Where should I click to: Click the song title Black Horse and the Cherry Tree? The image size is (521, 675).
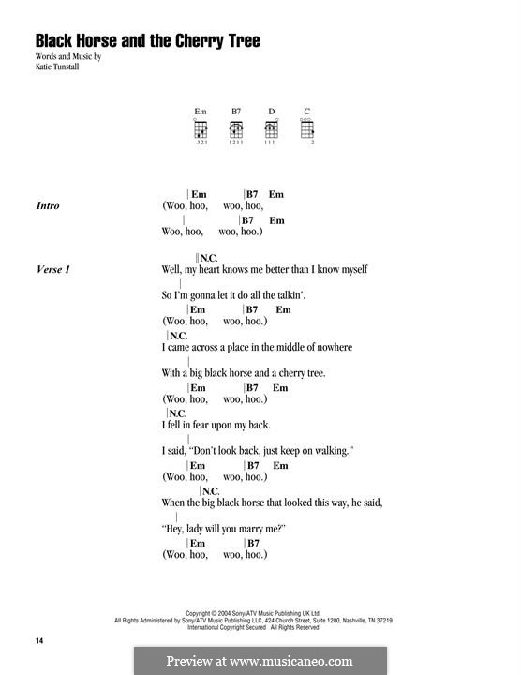click(x=147, y=41)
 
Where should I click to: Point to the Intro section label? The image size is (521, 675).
click(x=48, y=205)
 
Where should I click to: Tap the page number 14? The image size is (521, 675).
click(x=39, y=640)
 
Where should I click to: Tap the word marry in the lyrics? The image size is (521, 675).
click(x=245, y=529)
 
